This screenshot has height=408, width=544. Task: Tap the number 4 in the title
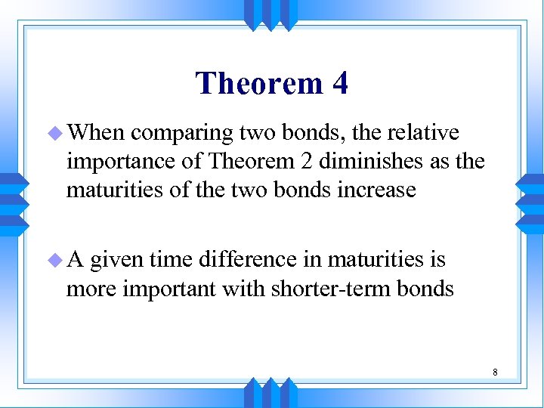pyautogui.click(x=339, y=83)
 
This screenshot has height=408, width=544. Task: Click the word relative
pyautogui.click(x=422, y=133)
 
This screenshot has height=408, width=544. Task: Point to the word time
pyautogui.click(x=171, y=260)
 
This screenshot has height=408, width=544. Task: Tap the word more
pyautogui.click(x=91, y=288)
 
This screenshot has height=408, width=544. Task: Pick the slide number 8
pyautogui.click(x=494, y=372)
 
